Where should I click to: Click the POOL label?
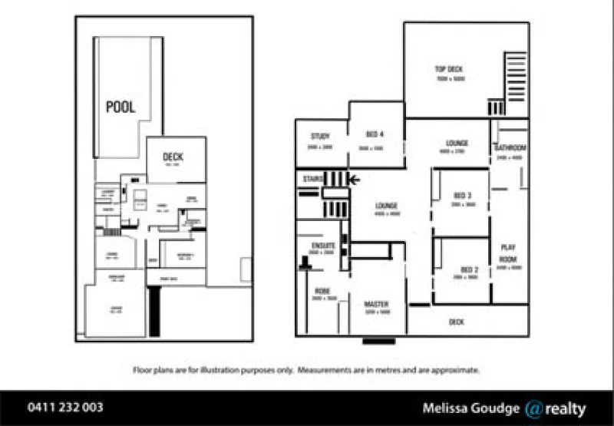click(x=120, y=107)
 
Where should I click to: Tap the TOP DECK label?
click(x=450, y=69)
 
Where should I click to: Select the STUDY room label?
click(x=319, y=137)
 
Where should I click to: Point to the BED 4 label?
click(x=374, y=135)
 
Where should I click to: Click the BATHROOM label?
click(x=510, y=147)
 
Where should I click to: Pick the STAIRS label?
click(x=311, y=178)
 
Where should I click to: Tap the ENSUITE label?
click(x=322, y=245)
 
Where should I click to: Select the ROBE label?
click(x=321, y=291)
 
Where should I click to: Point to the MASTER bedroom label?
click(x=376, y=304)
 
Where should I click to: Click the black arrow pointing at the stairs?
click(x=355, y=180)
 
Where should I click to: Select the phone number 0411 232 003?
click(x=64, y=408)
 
